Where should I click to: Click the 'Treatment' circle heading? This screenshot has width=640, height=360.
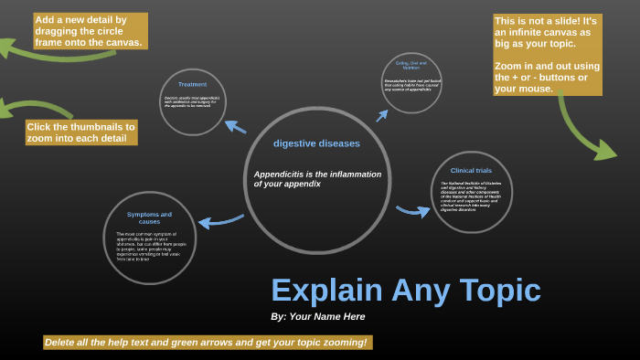[192, 84]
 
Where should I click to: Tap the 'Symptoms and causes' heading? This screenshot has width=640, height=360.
[149, 217]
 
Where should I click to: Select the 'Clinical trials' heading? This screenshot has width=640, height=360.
[471, 170]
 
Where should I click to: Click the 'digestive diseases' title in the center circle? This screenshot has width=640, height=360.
[316, 143]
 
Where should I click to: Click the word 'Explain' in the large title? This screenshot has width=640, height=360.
[325, 291]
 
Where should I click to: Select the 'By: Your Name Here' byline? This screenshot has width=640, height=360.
[318, 316]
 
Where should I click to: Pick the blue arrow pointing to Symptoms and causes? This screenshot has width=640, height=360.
[220, 219]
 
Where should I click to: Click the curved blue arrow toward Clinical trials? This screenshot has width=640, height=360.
[413, 211]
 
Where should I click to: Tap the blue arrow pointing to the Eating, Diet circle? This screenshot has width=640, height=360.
[387, 112]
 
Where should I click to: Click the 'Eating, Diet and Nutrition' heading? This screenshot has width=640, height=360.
[411, 66]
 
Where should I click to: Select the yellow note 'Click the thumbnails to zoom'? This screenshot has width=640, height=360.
[80, 132]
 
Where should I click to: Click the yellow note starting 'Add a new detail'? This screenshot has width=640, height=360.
[89, 30]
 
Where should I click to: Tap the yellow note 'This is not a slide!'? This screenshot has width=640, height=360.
[547, 55]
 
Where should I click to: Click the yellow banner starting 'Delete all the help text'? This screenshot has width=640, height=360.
[207, 343]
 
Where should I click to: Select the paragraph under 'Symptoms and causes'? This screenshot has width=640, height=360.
[151, 247]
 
